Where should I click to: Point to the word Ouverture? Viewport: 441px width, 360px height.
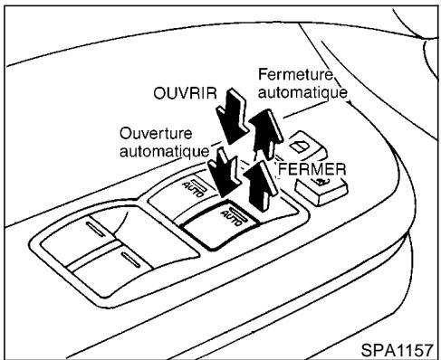coord(152,133)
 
